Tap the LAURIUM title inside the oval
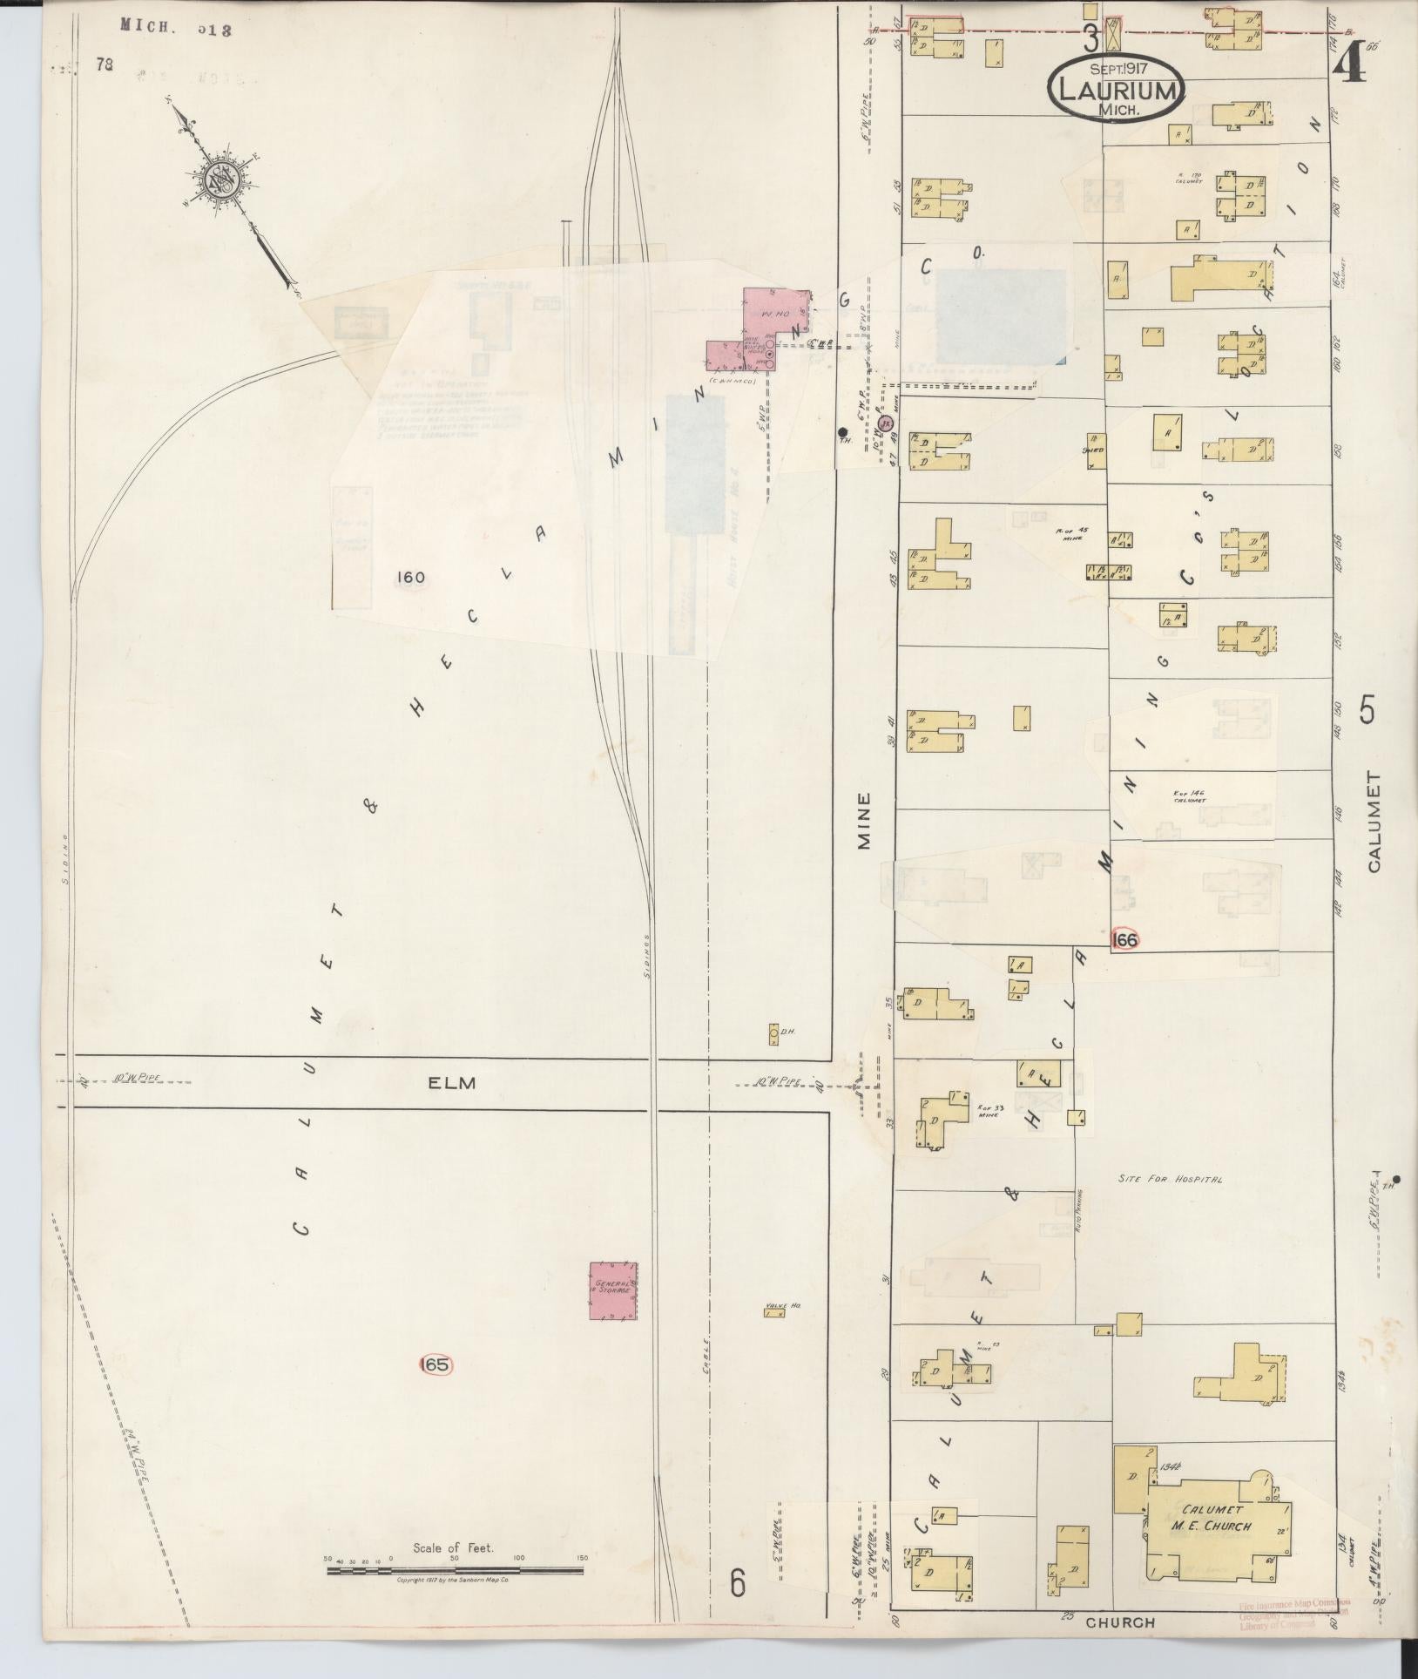[1119, 89]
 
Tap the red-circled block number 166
[1125, 940]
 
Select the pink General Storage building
[613, 1290]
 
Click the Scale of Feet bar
[455, 1570]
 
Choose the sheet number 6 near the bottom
[738, 1582]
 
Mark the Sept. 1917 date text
[1118, 67]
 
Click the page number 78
[107, 64]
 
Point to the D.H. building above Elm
[773, 1034]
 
